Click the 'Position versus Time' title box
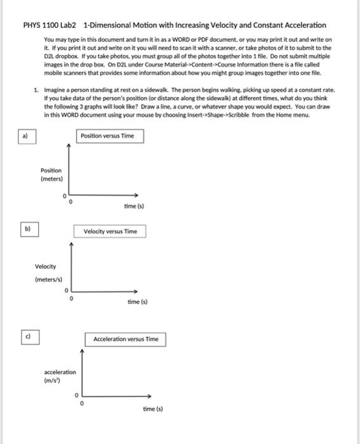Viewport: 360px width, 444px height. [x=107, y=136]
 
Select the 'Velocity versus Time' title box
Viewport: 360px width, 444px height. [x=110, y=232]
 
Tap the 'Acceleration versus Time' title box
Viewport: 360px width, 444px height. [x=126, y=339]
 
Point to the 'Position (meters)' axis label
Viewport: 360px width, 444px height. [x=51, y=174]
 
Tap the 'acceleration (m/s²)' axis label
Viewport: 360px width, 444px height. [x=60, y=376]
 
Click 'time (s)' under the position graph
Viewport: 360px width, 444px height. [x=134, y=206]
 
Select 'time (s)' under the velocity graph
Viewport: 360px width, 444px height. [x=137, y=303]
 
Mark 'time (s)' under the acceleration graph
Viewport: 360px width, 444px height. [x=152, y=409]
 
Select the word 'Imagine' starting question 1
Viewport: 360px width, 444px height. [x=55, y=91]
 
